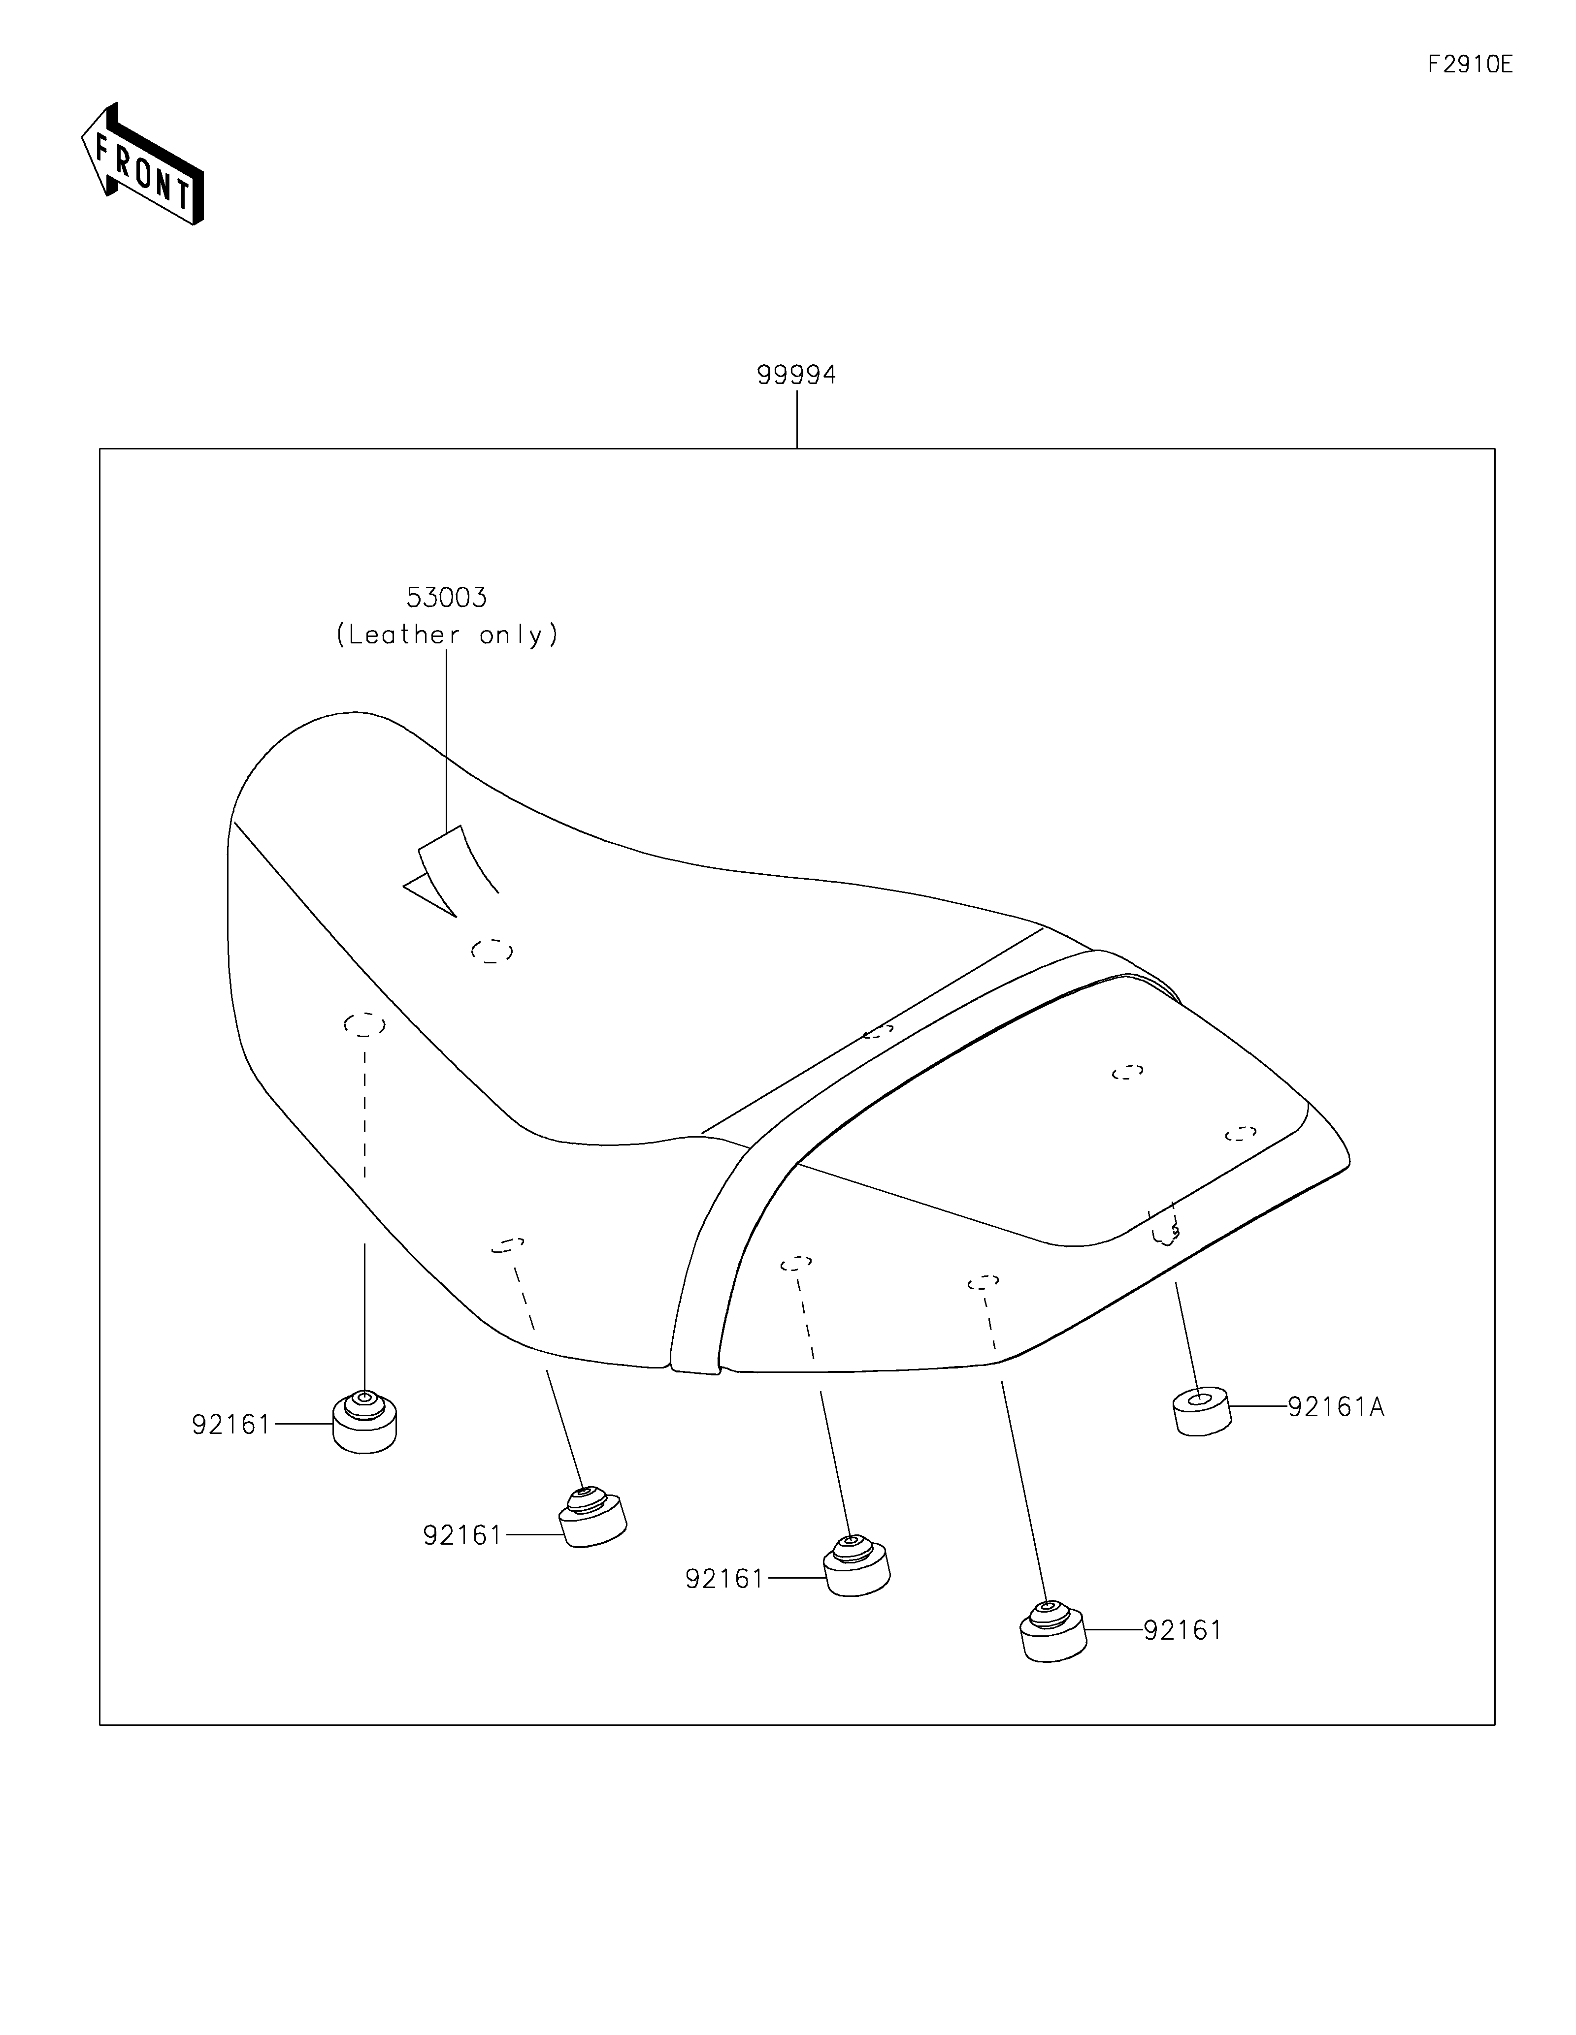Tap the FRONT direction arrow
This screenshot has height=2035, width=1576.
[x=143, y=164]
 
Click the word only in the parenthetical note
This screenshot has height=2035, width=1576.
[x=512, y=636]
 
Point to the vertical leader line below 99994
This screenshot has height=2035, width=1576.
[x=797, y=419]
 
